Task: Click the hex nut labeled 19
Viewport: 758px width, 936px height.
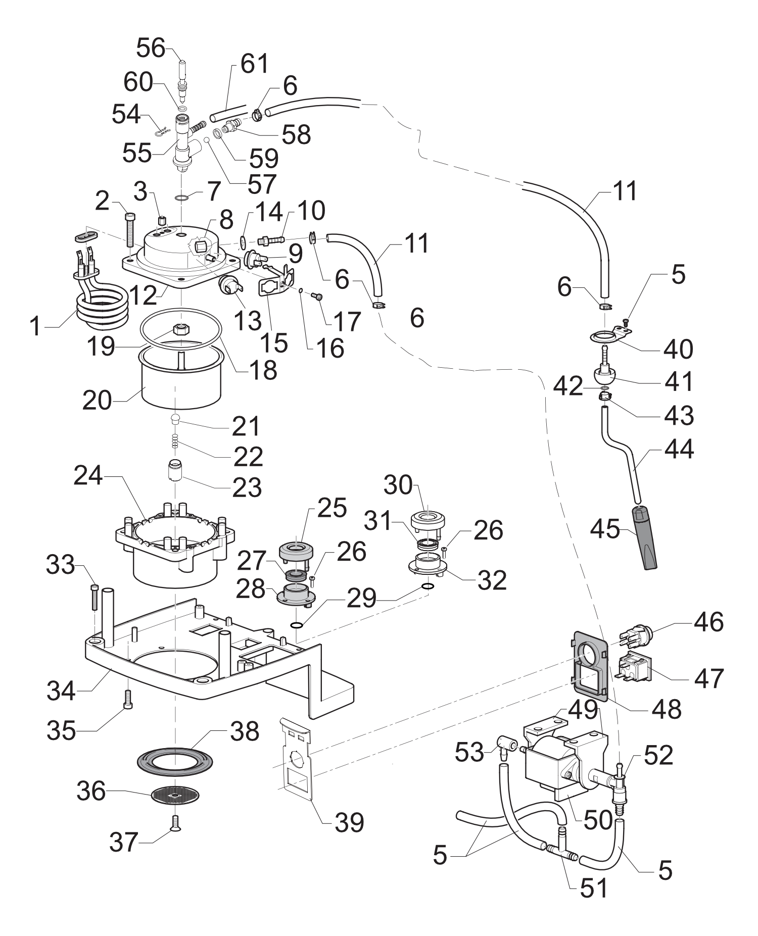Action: (x=181, y=330)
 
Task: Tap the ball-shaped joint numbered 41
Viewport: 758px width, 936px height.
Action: (x=604, y=376)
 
